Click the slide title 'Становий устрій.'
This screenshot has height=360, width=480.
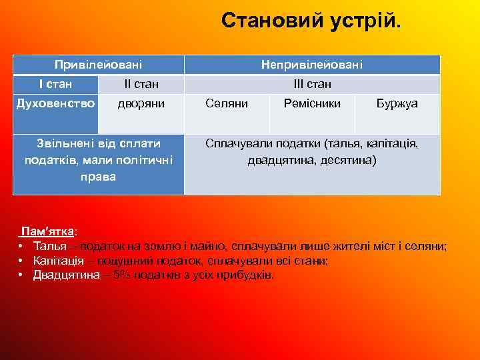311,21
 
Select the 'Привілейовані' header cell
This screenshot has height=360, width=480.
98,65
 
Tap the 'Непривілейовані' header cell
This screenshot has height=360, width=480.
312,65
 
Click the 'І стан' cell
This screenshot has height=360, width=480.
55,84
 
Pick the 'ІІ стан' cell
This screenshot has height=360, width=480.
141,85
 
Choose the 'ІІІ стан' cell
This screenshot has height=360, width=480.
312,85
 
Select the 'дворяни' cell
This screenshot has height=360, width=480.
141,104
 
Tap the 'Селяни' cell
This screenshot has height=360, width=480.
227,104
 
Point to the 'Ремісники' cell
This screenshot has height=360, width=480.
312,104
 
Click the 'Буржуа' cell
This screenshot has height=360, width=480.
397,104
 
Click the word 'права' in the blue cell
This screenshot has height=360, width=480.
98,177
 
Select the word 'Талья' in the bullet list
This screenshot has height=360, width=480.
48,246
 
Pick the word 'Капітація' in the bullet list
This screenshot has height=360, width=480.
57,261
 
